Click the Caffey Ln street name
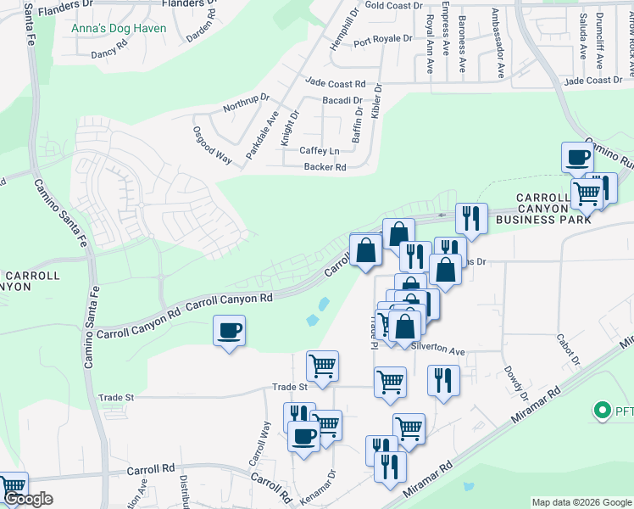319,151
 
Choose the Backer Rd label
325,167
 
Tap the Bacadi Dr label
342,100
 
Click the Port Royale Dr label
382,39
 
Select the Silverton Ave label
438,350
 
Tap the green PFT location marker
603,411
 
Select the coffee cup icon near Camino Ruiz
577,157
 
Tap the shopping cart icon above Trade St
322,366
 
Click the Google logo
28,500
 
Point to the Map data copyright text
582,502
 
